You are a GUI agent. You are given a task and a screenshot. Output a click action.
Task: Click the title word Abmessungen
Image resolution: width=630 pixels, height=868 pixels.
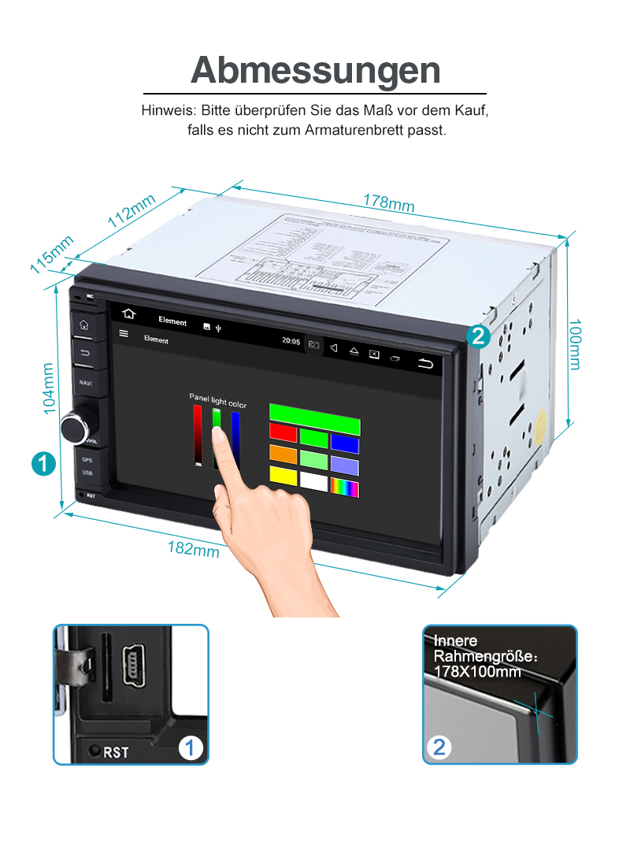click(315, 70)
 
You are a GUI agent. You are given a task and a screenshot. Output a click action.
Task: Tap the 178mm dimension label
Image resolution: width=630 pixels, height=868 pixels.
click(388, 202)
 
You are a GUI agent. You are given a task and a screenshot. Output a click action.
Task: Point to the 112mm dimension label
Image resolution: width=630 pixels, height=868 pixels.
click(132, 211)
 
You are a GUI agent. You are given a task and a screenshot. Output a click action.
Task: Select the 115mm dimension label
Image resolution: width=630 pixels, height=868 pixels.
click(52, 254)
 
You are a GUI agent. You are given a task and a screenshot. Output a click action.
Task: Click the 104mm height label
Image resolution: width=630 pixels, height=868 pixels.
click(48, 388)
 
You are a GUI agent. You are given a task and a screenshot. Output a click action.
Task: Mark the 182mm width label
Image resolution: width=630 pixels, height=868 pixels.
click(193, 548)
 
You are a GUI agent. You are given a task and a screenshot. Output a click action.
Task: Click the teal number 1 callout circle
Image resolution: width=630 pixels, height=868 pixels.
click(43, 463)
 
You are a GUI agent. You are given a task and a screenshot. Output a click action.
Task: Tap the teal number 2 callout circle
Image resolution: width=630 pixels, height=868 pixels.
click(478, 337)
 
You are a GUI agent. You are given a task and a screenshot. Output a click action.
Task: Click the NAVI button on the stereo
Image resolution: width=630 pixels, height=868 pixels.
click(85, 382)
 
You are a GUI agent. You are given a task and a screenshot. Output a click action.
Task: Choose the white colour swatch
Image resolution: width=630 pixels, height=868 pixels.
click(314, 480)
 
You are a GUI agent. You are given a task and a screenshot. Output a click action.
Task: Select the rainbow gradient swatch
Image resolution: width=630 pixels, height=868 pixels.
click(345, 488)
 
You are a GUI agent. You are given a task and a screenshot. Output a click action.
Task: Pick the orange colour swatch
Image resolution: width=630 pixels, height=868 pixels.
click(283, 454)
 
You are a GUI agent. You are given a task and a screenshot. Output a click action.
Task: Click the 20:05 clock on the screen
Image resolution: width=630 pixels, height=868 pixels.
click(291, 341)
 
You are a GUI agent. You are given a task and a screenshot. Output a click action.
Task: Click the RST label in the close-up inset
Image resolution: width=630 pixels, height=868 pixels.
click(116, 752)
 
